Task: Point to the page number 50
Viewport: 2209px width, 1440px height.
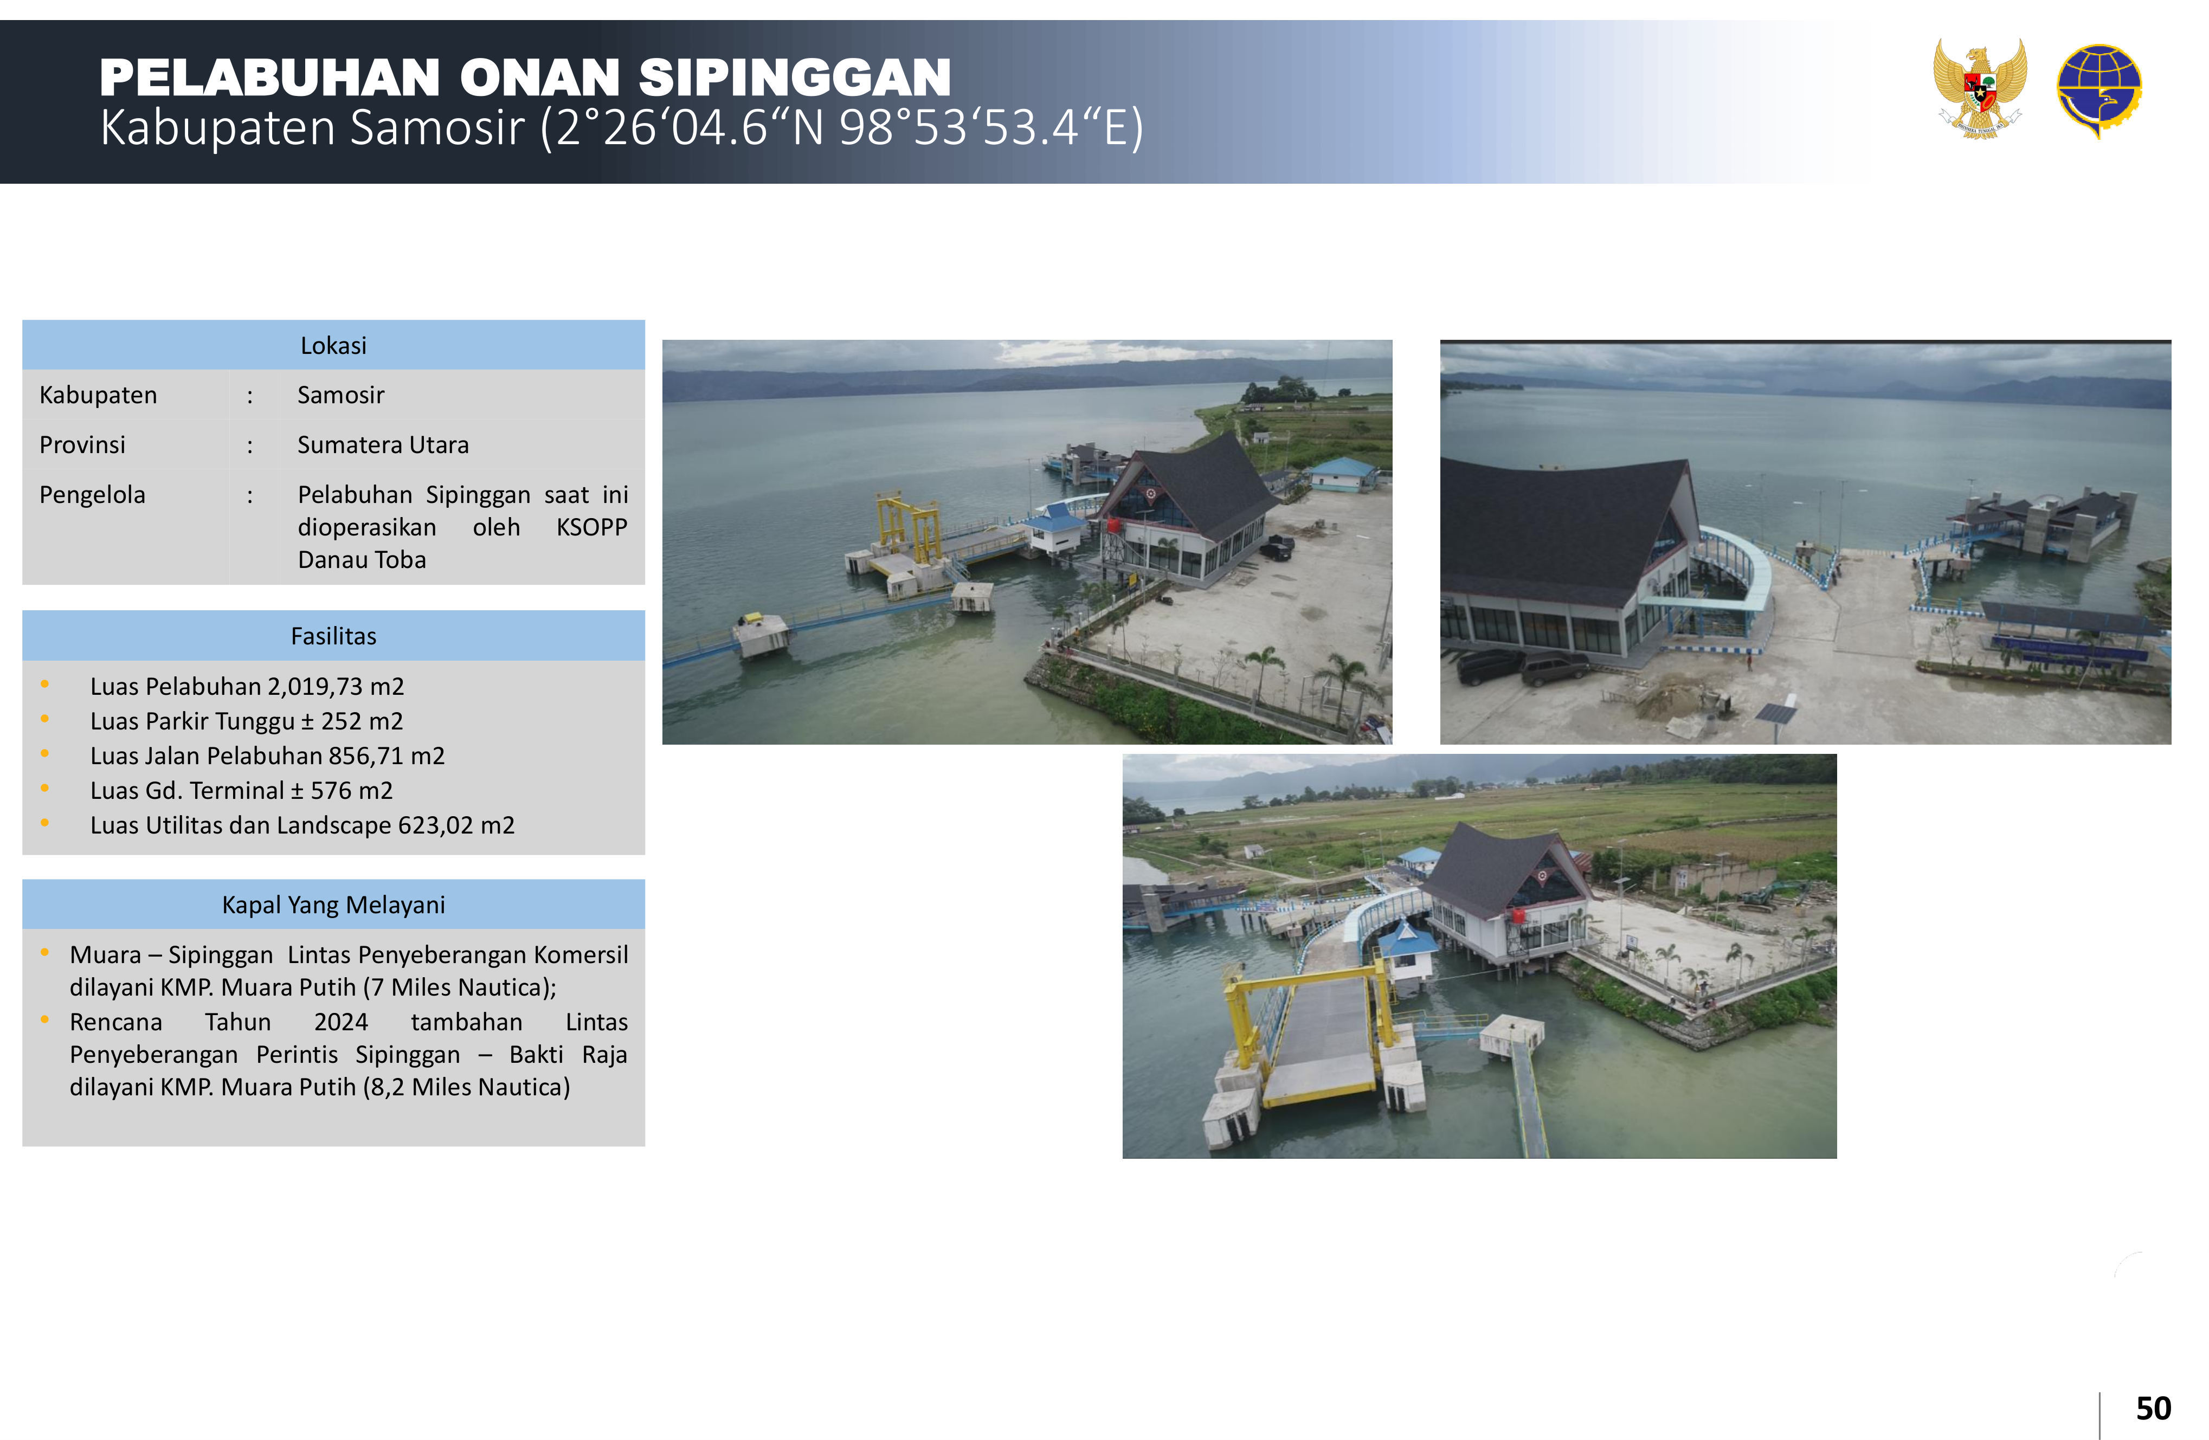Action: coord(2153,1409)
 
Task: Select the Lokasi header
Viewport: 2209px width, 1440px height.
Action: coord(333,345)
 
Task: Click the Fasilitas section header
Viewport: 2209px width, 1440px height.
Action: coord(333,636)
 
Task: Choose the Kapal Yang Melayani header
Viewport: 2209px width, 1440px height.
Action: coord(333,905)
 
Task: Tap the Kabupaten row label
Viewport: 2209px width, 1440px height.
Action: coord(98,395)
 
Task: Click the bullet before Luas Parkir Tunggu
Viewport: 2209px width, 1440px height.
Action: coord(44,719)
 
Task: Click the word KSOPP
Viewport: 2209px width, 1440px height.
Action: coord(591,527)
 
